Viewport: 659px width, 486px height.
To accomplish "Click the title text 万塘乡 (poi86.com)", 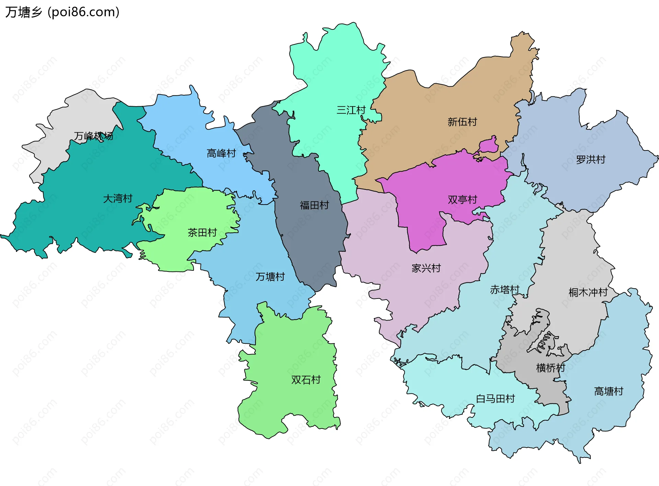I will coord(62,12).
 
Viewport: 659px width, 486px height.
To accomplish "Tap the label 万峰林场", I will coord(93,136).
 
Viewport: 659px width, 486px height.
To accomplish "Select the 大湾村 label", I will coord(118,198).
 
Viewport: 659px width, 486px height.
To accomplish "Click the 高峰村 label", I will coord(221,153).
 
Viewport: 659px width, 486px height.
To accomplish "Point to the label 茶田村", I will coord(202,233).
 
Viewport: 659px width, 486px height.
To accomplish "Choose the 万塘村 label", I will coord(270,277).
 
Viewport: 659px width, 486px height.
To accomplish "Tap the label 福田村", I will coord(314,205).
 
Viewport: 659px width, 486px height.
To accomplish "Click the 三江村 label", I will coord(351,110).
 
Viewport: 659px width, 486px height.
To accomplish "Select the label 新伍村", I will coord(462,122).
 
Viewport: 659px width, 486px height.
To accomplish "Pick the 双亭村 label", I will coord(462,199).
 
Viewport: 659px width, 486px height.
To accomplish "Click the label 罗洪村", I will coord(591,159).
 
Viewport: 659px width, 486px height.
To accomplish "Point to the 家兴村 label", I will coord(426,268).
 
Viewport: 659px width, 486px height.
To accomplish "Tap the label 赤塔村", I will coord(505,290).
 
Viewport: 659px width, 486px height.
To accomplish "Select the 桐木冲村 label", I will coord(588,292).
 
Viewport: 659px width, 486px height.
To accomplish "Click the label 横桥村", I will coord(551,368).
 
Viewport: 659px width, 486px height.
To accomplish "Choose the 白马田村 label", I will coord(495,399).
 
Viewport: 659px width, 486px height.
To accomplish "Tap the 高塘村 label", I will coord(609,391).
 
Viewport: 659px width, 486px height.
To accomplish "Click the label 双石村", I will coord(306,380).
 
